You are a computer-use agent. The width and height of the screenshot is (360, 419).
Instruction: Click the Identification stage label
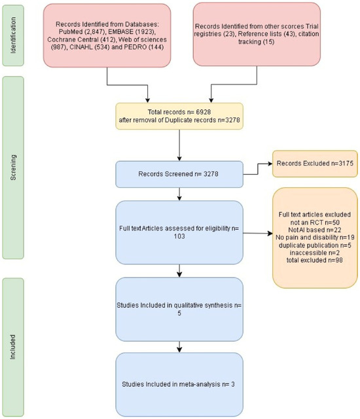[13, 35]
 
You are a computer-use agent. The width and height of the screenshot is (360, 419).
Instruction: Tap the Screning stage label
[13, 168]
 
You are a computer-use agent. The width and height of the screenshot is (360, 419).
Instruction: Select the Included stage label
[13, 347]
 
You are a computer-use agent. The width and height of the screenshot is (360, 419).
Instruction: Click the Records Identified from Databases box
[107, 35]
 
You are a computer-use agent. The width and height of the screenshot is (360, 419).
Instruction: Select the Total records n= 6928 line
[179, 112]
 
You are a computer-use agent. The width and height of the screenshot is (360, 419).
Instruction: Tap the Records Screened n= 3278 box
[179, 174]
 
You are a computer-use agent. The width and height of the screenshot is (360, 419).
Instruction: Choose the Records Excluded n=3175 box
[315, 164]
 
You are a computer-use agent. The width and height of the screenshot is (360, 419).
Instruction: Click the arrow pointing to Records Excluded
[258, 169]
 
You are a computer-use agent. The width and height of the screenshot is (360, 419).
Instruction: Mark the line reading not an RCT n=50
[315, 223]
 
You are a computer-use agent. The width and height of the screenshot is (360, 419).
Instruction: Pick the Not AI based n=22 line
[315, 230]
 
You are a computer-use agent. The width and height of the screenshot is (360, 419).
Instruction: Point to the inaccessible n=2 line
[315, 253]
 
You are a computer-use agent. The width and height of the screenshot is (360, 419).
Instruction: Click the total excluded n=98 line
[315, 260]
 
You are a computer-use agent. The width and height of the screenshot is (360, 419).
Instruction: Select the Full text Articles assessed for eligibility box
[179, 232]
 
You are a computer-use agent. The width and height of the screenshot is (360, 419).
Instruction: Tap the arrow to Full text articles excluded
[258, 233]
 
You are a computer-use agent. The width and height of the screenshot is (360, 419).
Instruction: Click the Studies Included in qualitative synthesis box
[179, 309]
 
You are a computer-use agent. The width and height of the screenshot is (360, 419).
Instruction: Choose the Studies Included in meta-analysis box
[179, 384]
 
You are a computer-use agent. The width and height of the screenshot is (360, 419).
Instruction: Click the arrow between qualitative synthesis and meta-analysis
[179, 347]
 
